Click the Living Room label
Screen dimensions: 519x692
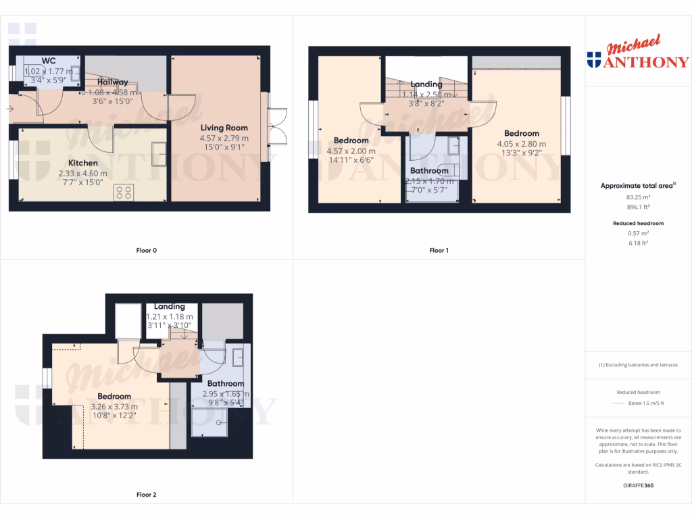(x=224, y=128)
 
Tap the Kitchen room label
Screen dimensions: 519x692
(x=83, y=163)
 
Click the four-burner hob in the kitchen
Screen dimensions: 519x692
(x=124, y=191)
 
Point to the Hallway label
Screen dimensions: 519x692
(x=112, y=82)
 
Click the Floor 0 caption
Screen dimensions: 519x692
(x=146, y=250)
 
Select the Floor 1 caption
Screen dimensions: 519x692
(x=439, y=250)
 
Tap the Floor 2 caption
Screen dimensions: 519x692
(x=146, y=495)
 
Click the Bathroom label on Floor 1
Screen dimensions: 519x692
(x=429, y=171)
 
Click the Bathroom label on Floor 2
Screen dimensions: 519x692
(x=225, y=384)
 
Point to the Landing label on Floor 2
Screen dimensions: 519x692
(x=170, y=306)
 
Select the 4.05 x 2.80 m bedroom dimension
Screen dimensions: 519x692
(x=521, y=144)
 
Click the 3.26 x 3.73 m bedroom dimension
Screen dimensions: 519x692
(x=114, y=407)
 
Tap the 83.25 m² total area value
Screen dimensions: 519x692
(x=638, y=197)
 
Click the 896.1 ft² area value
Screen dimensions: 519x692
(x=638, y=207)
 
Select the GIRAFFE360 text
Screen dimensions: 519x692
(x=638, y=485)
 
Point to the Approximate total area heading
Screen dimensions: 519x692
(x=638, y=185)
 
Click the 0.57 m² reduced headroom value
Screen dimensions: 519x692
(x=638, y=232)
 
